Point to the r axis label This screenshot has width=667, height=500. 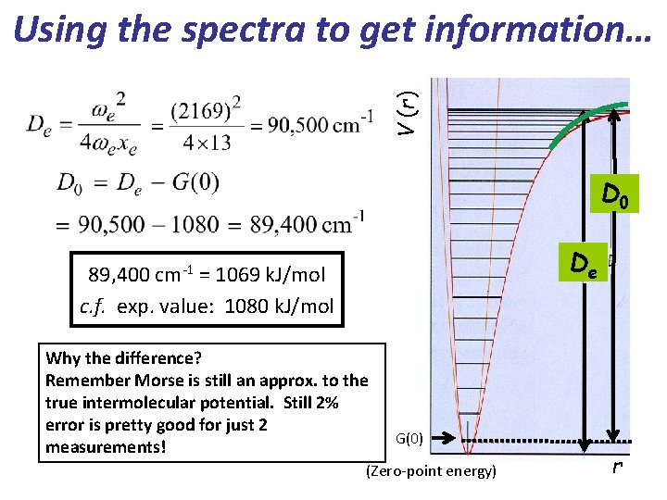[617, 467]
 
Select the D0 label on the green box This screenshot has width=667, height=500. [617, 194]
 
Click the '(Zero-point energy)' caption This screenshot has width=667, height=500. [431, 471]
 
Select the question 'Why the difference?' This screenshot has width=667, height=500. [123, 357]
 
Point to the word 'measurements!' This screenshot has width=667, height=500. [104, 447]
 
